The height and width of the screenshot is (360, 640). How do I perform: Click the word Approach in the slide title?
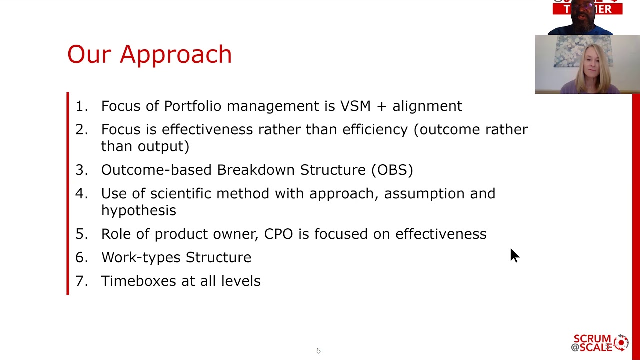coord(176,55)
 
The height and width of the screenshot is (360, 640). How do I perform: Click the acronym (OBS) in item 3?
coord(392,170)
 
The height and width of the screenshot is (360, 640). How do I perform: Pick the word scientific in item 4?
coord(181,194)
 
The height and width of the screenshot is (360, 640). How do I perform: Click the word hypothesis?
coord(138,211)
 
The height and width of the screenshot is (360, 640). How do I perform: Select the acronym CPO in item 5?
coord(278,234)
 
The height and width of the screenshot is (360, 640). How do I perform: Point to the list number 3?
coord(80,170)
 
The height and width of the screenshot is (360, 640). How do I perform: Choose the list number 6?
coord(80,258)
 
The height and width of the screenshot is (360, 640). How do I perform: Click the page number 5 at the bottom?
coord(318,351)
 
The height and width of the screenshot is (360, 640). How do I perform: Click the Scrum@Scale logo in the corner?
coord(600,343)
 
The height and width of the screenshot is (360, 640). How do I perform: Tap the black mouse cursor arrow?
coord(514,255)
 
